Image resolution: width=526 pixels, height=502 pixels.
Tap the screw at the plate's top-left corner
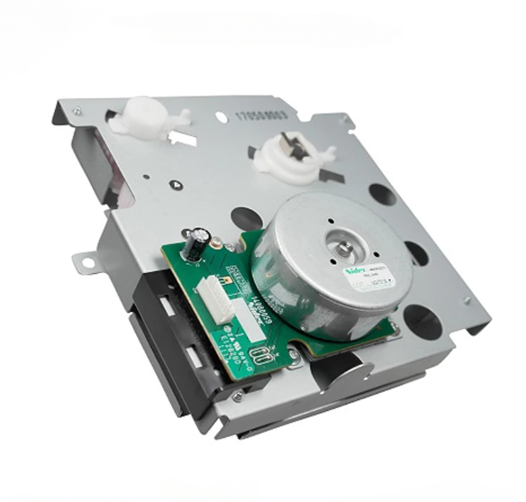pos(77,112)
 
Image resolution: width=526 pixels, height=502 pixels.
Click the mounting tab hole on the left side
pos(87,262)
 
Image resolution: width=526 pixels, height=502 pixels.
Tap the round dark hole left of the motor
pos(246,218)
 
